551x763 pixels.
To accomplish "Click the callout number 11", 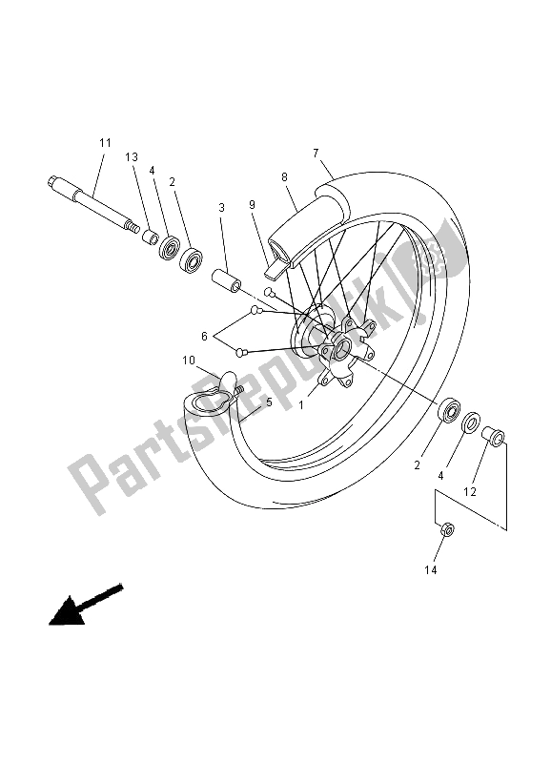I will pos(104,143).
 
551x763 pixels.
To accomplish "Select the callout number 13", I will pos(132,156).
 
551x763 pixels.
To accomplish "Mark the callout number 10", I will pos(188,361).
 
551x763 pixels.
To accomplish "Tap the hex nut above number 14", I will pos(446,528).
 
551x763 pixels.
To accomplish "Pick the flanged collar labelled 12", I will pos(495,437).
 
